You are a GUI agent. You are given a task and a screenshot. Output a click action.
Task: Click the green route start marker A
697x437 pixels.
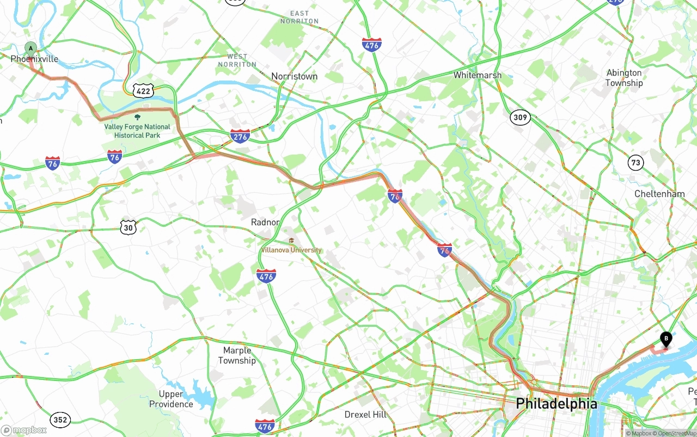31,48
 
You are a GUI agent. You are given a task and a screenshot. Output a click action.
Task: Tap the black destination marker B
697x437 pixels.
665,338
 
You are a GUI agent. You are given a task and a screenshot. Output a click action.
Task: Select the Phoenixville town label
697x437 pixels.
34,59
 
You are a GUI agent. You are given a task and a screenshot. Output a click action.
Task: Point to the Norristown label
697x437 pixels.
294,76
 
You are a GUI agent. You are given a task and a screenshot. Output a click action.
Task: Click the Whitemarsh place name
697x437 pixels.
477,75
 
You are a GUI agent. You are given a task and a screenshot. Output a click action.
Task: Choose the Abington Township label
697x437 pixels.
624,78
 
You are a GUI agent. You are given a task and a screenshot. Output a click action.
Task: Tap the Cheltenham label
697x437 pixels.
659,194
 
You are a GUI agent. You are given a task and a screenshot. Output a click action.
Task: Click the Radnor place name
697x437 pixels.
265,222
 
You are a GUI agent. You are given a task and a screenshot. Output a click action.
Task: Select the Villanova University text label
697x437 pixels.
291,250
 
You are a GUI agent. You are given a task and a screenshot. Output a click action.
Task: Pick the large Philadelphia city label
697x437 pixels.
557,404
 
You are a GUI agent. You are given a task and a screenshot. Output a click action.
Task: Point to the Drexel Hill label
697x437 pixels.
365,415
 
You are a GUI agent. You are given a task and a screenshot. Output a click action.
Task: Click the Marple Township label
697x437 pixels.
237,355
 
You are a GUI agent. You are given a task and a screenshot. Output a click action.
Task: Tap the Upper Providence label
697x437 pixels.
171,399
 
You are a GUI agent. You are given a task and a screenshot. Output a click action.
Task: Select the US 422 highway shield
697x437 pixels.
143,91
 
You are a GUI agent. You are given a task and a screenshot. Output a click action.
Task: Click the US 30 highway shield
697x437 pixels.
129,227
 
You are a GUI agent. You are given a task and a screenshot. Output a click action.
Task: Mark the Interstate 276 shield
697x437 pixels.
240,136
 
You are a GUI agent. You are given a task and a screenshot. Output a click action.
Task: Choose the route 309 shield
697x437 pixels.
520,117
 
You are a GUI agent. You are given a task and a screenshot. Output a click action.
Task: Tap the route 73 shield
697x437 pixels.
635,162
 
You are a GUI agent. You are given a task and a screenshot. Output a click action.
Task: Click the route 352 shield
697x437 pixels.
60,420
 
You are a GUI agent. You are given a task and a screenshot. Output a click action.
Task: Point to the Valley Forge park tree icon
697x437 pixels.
137,116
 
